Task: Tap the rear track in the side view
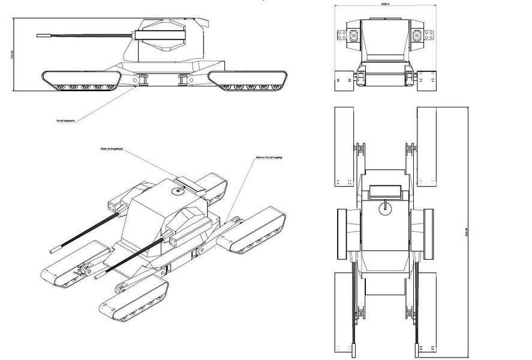click(x=249, y=79)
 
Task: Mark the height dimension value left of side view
click(x=11, y=54)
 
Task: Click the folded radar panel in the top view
click(x=384, y=191)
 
